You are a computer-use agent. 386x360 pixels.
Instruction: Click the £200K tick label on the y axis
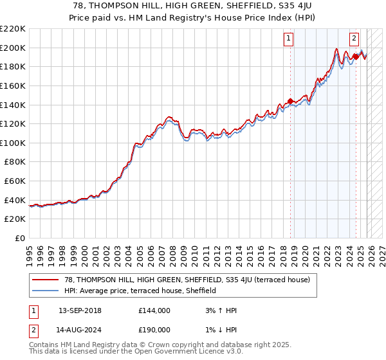(13, 48)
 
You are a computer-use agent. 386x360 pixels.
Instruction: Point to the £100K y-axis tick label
(13, 143)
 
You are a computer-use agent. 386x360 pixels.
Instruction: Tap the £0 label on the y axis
(19, 239)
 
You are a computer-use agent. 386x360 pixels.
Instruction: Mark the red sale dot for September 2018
(291, 101)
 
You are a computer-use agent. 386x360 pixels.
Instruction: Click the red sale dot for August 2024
(356, 57)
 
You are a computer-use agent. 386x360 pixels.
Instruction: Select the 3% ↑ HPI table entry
(220, 310)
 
